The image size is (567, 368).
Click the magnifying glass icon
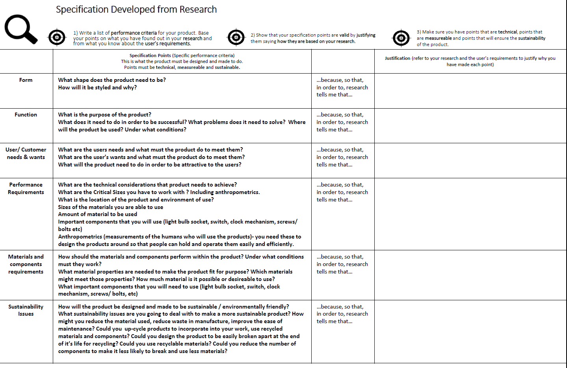click(20, 29)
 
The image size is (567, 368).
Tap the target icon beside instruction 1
click(57, 37)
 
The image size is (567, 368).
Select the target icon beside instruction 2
click(236, 37)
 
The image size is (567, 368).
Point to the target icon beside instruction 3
click(401, 38)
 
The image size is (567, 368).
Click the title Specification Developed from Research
click(136, 9)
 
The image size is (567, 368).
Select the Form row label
click(26, 80)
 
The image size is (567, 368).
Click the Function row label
click(26, 115)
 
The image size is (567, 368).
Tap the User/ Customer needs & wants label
click(26, 153)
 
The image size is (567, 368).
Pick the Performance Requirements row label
click(26, 188)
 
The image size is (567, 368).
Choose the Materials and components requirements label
click(26, 264)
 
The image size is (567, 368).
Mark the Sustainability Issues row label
click(26, 310)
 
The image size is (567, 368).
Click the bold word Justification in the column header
click(398, 58)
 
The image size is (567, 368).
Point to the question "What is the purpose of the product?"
click(104, 115)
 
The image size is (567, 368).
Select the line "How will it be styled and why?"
click(97, 87)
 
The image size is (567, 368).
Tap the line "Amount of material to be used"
click(98, 214)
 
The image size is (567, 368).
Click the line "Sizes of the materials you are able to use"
click(110, 207)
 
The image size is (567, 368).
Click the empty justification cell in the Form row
click(470, 91)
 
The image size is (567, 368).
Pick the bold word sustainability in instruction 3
click(532, 38)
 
